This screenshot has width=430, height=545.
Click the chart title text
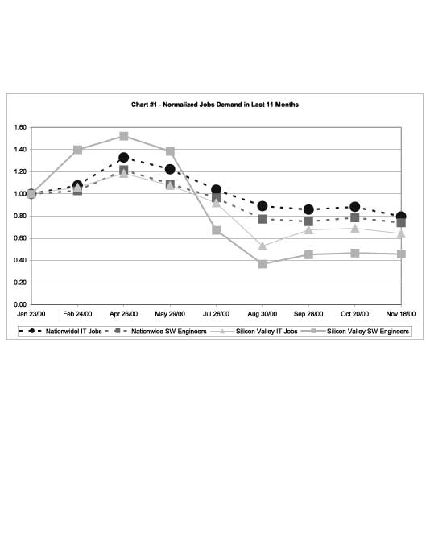[215, 105]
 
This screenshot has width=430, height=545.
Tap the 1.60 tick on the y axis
[20, 127]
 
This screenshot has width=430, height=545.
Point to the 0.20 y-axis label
[20, 283]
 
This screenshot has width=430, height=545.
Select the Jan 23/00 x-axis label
[31, 314]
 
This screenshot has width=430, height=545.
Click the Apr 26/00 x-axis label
[123, 314]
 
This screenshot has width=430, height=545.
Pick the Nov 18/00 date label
[401, 314]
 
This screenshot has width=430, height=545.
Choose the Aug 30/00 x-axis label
[262, 314]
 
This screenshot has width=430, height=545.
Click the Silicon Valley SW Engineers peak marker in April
[124, 136]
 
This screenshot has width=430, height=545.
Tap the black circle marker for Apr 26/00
[124, 158]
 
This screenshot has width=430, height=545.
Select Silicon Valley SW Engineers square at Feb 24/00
[77, 150]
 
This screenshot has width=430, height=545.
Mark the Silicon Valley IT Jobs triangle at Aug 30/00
[263, 246]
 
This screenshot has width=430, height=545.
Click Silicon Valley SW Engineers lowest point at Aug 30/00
[263, 264]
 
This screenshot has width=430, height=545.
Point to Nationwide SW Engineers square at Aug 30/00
[263, 219]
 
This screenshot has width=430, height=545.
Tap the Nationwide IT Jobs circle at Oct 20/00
[355, 207]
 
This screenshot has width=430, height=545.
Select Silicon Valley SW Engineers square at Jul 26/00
[217, 230]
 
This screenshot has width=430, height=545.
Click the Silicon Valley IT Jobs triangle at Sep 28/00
[308, 230]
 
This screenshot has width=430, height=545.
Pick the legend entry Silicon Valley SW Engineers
[355, 332]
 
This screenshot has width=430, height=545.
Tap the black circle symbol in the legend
[31, 331]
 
